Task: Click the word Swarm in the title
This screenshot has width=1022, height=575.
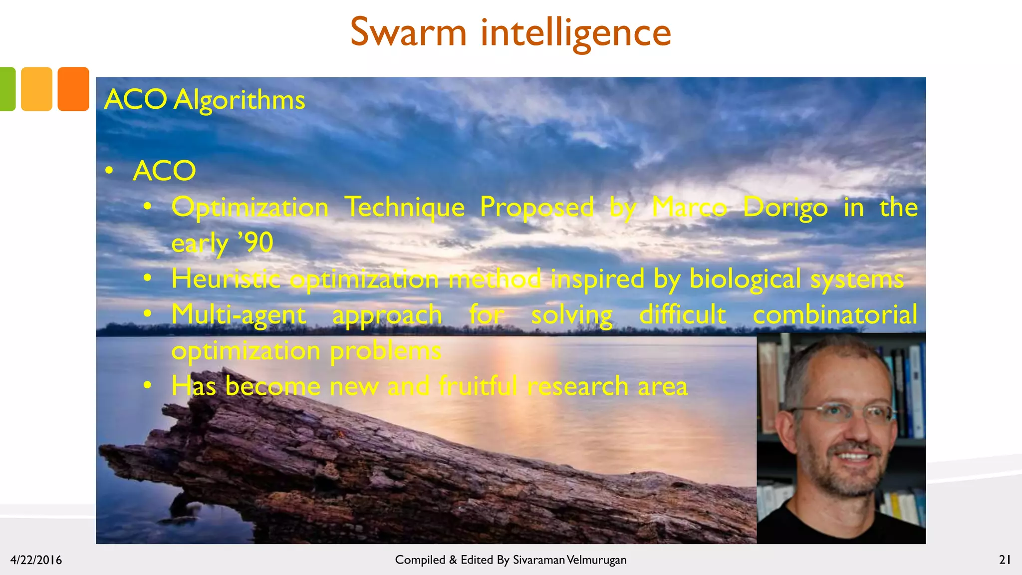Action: [x=408, y=32]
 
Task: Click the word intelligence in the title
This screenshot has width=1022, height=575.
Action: [x=575, y=33]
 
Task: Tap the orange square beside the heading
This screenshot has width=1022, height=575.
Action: [x=73, y=89]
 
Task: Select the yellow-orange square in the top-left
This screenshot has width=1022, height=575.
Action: [x=36, y=89]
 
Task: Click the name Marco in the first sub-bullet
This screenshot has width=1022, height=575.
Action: [x=689, y=207]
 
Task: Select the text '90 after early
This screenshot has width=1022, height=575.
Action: [x=256, y=243]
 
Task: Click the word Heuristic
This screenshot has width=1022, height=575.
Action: [x=226, y=279]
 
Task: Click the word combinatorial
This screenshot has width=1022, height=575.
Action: [x=835, y=315]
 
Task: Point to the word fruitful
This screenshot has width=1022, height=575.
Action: [x=478, y=386]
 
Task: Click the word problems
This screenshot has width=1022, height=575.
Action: [x=385, y=351]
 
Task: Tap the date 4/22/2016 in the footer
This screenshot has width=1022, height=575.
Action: [x=36, y=560]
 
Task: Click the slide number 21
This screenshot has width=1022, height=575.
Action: [x=1005, y=560]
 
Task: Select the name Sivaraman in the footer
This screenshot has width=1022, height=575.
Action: [x=538, y=560]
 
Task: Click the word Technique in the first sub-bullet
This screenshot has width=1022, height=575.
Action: [x=405, y=207]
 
